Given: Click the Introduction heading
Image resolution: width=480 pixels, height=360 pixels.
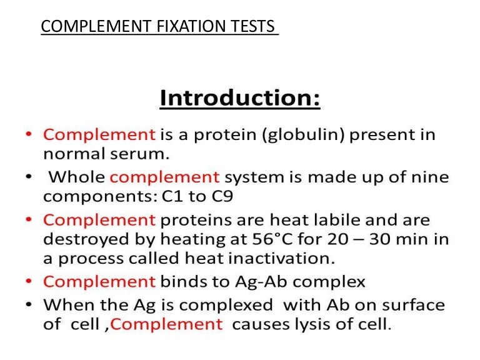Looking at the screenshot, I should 240,98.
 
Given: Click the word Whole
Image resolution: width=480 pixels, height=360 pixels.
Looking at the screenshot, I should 79,177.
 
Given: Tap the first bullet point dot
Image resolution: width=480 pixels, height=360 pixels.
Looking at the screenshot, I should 30,135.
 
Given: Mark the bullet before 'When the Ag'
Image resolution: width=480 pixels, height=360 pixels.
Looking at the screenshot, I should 30,306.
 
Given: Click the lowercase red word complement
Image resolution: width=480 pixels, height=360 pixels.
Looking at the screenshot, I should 169,177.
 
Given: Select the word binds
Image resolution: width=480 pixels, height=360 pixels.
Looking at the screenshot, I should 184,281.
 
